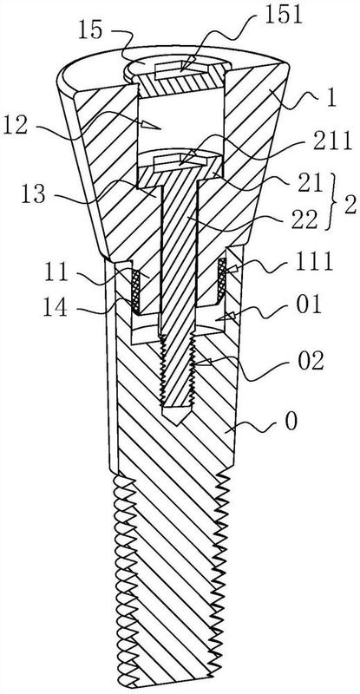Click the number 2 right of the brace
pos(350,206)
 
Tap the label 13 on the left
pos(35,194)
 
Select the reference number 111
pos(313,263)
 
